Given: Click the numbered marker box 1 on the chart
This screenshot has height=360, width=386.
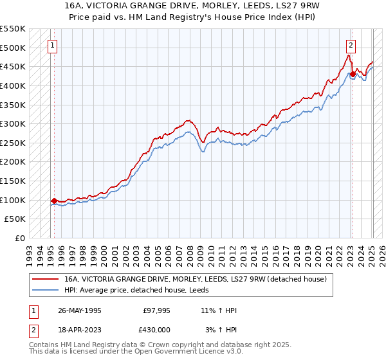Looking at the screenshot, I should [x=51, y=46].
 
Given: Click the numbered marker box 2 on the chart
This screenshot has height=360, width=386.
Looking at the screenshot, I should [x=351, y=46].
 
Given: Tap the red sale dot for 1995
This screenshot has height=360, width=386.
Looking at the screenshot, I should [x=54, y=201].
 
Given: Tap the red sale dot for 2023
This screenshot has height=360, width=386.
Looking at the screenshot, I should [x=353, y=74].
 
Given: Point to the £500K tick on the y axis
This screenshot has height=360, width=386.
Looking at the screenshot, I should [x=14, y=48].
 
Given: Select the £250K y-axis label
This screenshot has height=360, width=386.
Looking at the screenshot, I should [x=14, y=143].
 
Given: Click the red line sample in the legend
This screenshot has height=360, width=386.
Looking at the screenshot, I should [x=45, y=279].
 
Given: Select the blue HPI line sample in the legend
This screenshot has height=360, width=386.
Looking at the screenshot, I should [x=45, y=290].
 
